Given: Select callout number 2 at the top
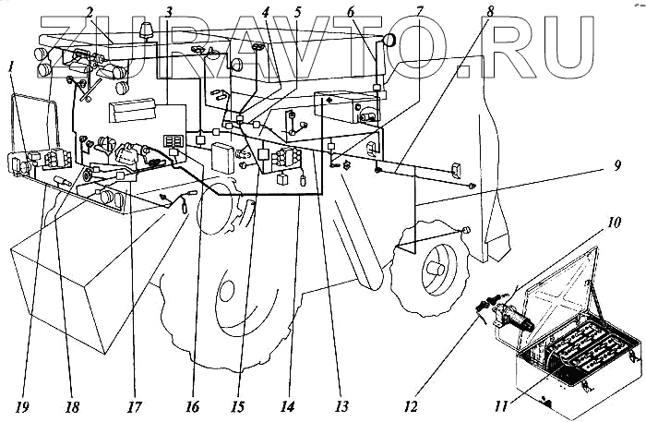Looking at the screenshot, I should [x=90, y=12].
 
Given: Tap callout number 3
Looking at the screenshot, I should [x=168, y=12].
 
